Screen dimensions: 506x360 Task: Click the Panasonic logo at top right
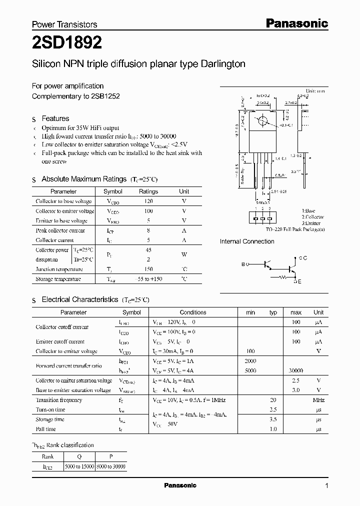[x=296, y=23]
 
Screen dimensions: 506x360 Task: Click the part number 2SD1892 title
[x=67, y=43]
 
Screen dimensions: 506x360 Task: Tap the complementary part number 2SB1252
[x=105, y=96]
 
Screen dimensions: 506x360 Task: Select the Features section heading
[x=55, y=118]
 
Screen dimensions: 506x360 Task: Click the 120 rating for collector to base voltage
[x=148, y=201]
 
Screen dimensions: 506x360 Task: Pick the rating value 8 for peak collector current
[x=148, y=230]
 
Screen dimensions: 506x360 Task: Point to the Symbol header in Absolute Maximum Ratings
[x=112, y=191]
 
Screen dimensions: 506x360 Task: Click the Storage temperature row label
[x=58, y=279]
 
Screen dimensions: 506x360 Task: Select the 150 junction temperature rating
[x=148, y=269]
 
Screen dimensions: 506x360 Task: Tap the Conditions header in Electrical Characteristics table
[x=193, y=312]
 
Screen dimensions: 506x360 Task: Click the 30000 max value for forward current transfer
[x=296, y=370]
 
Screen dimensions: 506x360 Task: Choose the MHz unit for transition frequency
[x=318, y=400]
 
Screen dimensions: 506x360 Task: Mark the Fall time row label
[x=45, y=429]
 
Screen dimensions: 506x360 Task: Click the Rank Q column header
[x=79, y=456]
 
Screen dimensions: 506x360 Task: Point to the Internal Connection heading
[x=247, y=241]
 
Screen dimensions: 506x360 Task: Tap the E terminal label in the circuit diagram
[x=300, y=282]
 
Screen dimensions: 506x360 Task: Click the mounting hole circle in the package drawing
[x=261, y=121]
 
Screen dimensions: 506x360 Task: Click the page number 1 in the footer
[x=326, y=486]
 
